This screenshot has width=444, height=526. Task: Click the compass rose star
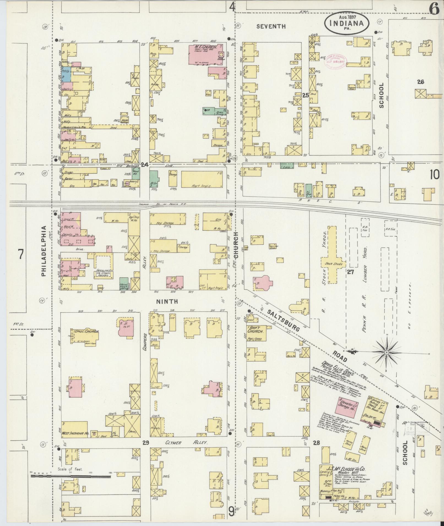click(x=386, y=352)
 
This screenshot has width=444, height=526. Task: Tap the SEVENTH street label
click(x=271, y=26)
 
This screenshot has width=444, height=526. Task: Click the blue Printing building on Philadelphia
click(x=66, y=74)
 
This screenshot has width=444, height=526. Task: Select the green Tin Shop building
click(x=309, y=190)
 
